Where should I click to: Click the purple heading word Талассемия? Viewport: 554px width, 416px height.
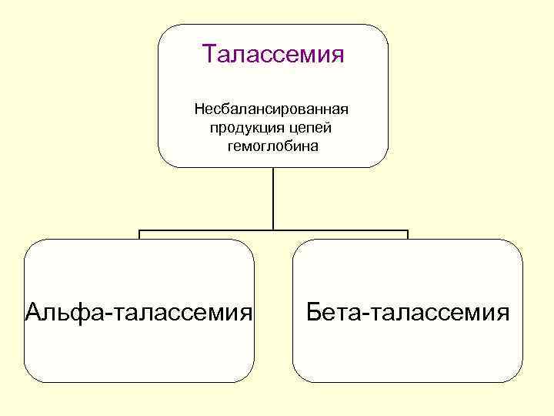click(x=272, y=55)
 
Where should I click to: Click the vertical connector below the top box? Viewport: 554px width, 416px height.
click(x=273, y=198)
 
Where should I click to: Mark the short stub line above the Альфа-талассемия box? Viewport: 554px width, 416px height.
click(x=139, y=234)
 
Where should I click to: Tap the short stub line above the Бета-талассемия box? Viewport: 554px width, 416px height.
click(x=408, y=234)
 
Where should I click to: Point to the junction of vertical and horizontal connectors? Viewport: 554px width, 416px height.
click(x=273, y=230)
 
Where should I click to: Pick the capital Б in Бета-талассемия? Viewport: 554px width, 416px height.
click(x=312, y=312)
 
